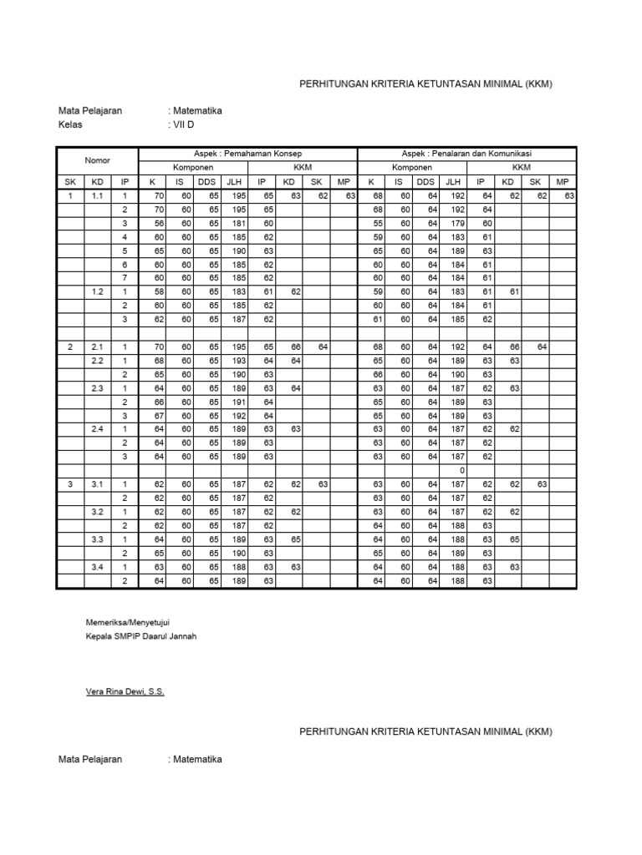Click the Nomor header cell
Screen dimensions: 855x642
97,160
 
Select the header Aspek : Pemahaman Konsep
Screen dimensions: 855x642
247,154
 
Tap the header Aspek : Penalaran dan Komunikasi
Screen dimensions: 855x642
466,154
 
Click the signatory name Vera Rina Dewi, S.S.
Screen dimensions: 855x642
125,692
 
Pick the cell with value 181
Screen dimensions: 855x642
236,223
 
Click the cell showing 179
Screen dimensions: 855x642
454,223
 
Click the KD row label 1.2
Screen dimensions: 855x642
98,291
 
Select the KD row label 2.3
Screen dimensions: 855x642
98,387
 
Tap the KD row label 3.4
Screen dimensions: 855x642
98,566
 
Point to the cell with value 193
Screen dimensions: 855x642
236,360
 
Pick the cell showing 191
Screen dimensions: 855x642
236,402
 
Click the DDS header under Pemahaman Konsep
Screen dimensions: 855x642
206,181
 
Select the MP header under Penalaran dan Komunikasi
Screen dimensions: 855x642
563,181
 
